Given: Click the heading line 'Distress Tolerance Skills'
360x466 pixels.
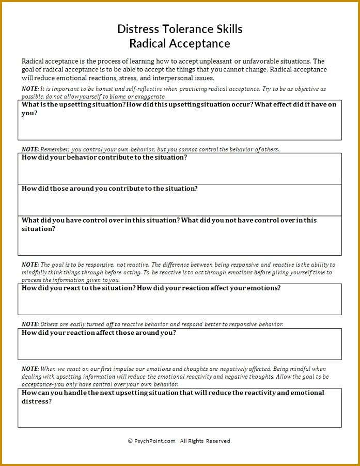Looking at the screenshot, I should (180, 28).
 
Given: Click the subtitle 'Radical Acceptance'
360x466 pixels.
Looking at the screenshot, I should (180, 43).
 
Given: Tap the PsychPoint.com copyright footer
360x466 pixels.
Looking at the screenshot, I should (180, 441).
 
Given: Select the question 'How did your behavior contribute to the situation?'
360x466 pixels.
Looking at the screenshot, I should (104, 158).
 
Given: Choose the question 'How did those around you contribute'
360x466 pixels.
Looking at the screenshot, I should (109, 189).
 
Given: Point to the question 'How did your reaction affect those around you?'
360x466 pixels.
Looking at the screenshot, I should (99, 333).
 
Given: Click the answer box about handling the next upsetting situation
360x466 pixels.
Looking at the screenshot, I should (180, 416).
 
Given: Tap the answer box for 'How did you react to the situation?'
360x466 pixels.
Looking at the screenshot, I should (180, 304).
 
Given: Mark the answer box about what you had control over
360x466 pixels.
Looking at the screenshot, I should (180, 243).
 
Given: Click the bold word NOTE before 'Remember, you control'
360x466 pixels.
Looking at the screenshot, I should (30, 149).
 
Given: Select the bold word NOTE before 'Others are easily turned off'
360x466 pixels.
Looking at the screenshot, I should (30, 324).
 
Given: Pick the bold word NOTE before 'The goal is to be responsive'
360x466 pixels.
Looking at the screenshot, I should (30, 265).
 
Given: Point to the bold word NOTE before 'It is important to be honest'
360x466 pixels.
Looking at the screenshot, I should (30, 89).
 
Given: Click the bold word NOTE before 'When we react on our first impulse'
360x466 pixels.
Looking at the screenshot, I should (30, 369).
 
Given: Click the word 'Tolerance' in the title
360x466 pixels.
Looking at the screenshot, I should (183, 28).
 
